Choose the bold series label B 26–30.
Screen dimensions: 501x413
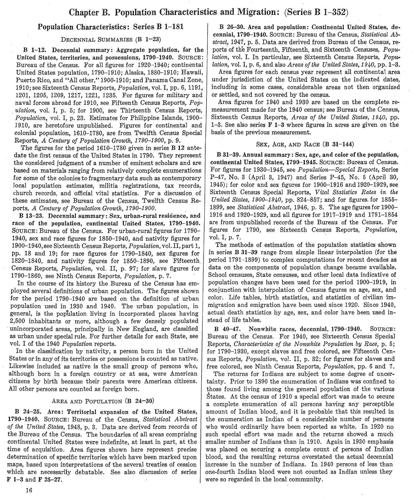pyautogui.click(x=231, y=28)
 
